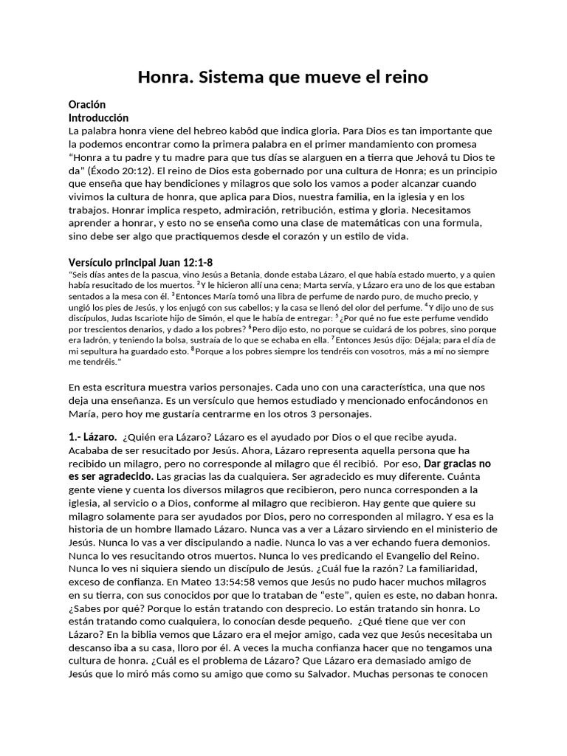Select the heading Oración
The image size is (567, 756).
87,105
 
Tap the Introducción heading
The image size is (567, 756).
98,117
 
